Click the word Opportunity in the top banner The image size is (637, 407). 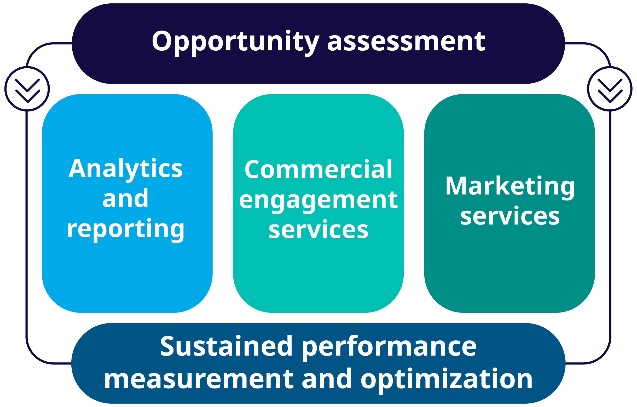click(235, 43)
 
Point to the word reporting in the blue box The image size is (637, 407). click(125, 230)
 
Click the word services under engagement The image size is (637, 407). click(318, 230)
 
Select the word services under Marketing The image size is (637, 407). click(510, 216)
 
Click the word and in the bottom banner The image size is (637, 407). click(327, 379)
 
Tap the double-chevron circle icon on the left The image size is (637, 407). click(27, 89)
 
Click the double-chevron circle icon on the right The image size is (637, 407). click(610, 89)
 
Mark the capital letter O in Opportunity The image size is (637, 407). click(162, 41)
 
